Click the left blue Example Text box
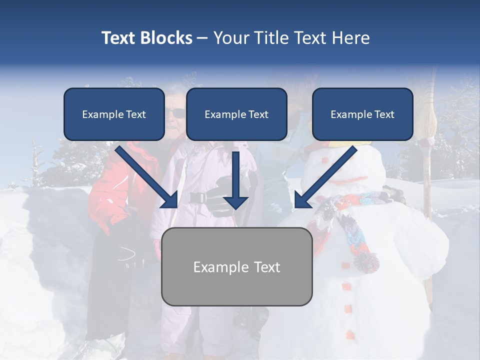(114, 114)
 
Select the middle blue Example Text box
(236, 114)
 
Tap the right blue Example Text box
(362, 114)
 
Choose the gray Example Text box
(236, 266)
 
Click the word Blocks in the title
(167, 38)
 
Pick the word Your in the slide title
(231, 38)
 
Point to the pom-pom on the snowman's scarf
(366, 261)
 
